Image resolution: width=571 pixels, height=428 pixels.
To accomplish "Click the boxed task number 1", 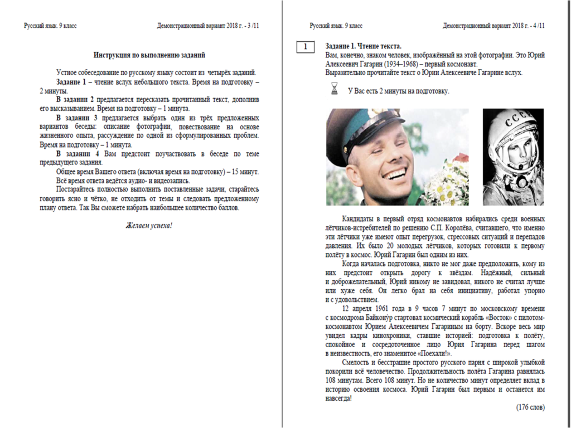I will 305,47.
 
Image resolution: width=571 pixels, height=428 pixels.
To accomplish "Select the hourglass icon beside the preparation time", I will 335,89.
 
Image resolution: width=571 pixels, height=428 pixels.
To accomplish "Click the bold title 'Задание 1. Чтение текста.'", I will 363,46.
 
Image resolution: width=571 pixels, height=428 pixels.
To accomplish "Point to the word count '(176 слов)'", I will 530,407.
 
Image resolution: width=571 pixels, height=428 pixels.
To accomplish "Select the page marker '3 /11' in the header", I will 253,26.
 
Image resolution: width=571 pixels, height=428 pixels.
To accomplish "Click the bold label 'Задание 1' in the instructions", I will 76,82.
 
